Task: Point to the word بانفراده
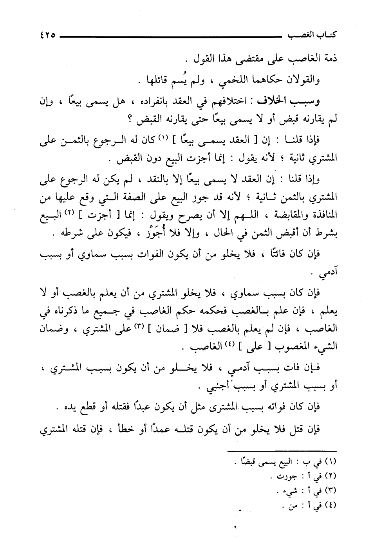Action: coord(162,102)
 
